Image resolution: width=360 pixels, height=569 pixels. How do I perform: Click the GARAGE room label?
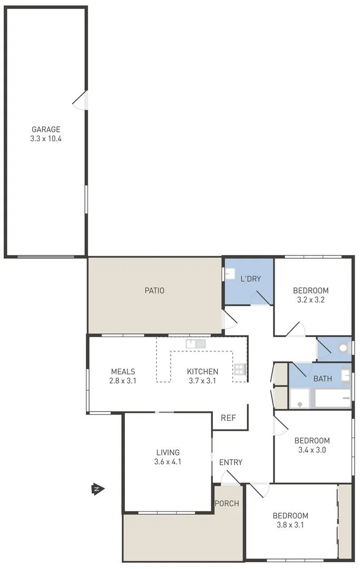coord(46,129)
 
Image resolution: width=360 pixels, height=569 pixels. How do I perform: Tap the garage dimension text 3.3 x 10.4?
coord(46,139)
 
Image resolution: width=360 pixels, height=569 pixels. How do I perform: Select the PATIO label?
coord(154,290)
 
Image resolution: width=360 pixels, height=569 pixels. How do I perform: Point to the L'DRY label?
coord(250,279)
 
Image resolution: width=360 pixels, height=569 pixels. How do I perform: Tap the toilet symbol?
coord(343,348)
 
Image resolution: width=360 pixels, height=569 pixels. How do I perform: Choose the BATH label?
coord(323,378)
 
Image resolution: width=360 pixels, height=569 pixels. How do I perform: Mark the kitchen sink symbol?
coord(196,344)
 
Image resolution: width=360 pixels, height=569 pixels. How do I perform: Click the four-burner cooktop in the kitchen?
coord(240,369)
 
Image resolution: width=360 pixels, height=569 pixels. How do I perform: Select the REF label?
coord(228,418)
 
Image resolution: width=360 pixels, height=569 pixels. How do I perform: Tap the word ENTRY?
coord(231,463)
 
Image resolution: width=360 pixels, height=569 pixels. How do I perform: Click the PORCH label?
coord(227,504)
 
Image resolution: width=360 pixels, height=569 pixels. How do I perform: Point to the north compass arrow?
coord(97,489)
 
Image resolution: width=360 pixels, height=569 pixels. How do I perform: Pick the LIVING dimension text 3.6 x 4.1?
coord(168,462)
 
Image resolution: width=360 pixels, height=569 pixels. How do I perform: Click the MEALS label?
coord(123,371)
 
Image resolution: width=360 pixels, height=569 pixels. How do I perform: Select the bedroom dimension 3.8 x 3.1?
coord(290,525)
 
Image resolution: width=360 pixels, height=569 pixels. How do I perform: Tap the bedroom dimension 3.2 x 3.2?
coord(310,301)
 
